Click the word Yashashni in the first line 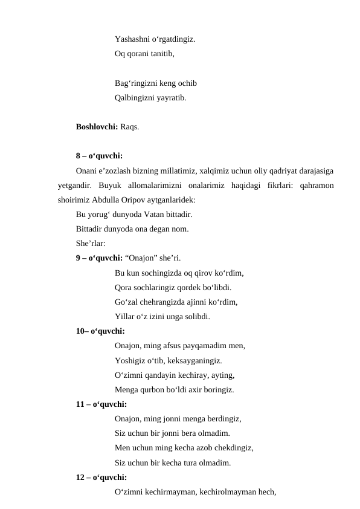132,40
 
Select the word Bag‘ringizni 136,83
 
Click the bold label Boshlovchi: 97,127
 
